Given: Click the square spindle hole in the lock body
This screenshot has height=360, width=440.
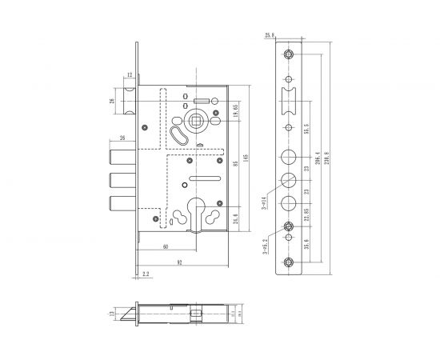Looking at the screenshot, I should click(x=195, y=122).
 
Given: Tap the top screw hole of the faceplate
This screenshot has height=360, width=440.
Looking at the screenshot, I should click(x=288, y=54).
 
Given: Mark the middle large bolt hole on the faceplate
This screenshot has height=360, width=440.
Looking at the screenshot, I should click(x=288, y=179).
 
